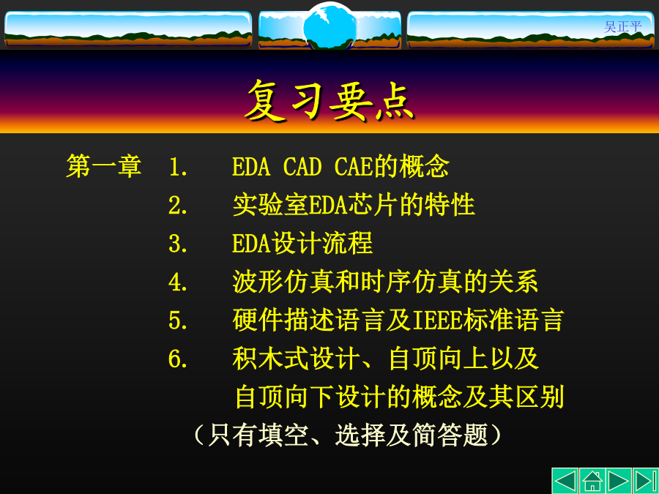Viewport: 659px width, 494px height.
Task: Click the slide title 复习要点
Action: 329,100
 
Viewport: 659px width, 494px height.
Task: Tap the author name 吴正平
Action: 622,27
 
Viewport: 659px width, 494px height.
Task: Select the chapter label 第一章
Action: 104,166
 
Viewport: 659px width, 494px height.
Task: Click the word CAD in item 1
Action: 302,167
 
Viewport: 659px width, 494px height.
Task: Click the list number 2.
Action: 178,206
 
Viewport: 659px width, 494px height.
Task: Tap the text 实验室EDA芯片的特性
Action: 354,205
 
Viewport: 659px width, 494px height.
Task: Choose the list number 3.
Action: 178,244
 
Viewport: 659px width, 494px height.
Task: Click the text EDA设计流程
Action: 302,243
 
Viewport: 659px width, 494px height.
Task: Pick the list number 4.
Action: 178,282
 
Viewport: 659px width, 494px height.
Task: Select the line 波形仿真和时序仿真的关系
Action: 385,282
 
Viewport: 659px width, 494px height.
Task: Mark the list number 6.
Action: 178,359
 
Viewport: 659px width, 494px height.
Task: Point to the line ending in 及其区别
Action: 399,397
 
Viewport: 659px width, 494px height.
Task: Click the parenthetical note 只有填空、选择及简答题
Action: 347,435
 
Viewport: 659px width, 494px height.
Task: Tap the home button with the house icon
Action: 592,481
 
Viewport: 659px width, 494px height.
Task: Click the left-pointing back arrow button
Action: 565,481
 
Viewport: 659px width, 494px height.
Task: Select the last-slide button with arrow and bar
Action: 646,481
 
